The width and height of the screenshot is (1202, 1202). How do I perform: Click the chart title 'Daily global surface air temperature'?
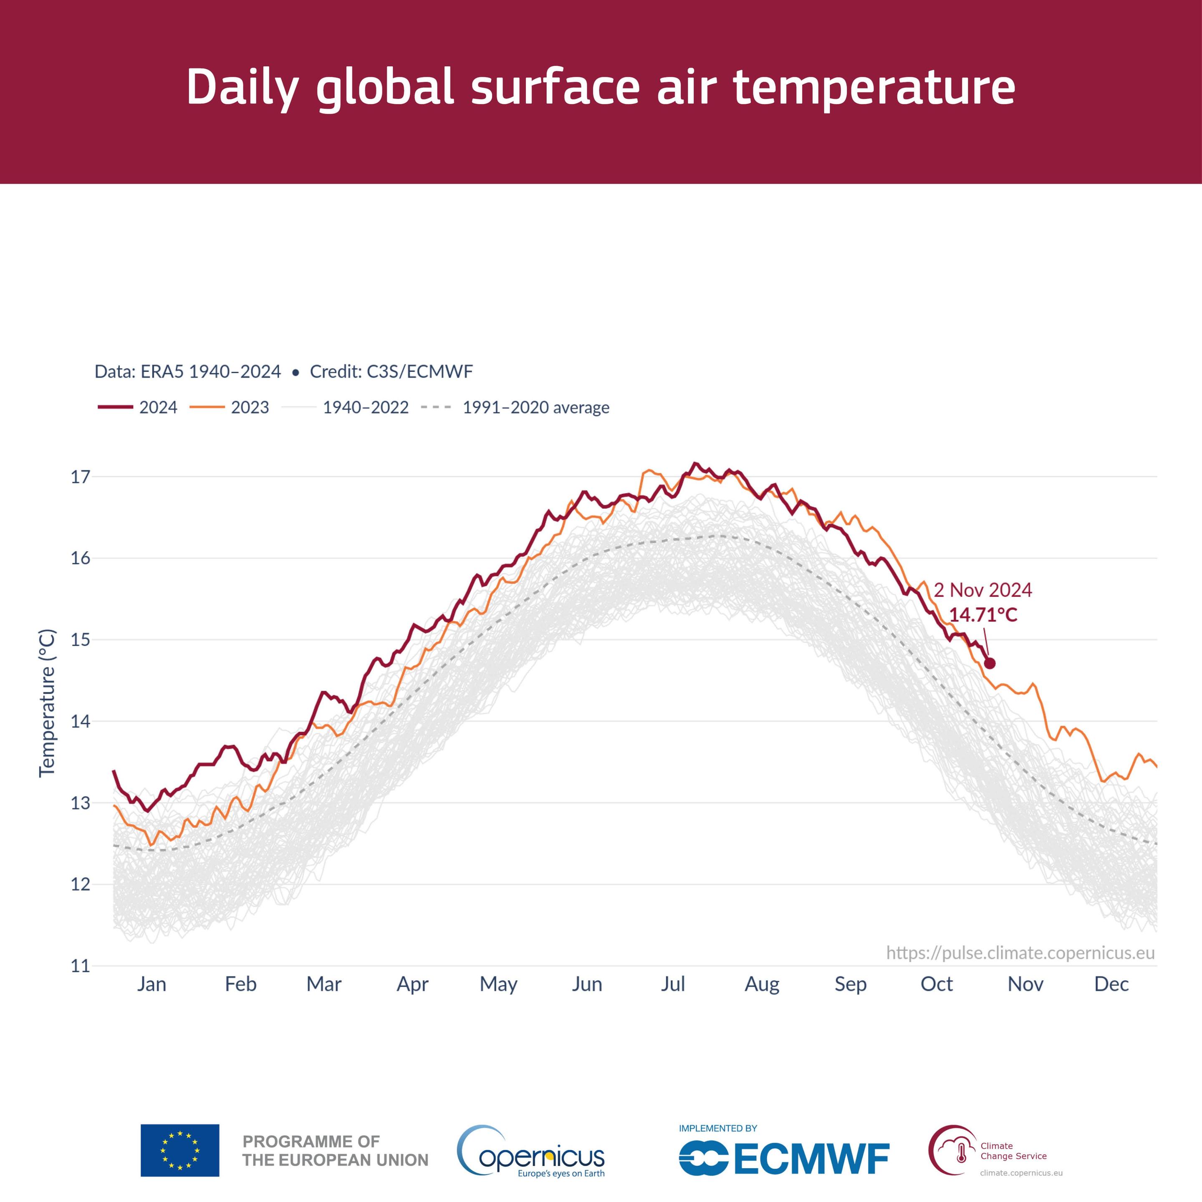click(601, 87)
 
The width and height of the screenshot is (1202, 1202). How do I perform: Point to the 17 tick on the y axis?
click(80, 477)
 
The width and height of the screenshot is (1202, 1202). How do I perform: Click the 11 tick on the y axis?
click(80, 966)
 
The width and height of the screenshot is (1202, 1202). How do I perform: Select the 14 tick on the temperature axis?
click(80, 722)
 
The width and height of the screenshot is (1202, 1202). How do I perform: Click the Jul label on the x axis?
click(672, 984)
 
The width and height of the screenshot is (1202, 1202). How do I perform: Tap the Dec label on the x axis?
click(1111, 984)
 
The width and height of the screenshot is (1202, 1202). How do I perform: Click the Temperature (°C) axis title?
click(47, 703)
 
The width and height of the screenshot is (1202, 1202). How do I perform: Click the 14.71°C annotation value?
click(983, 615)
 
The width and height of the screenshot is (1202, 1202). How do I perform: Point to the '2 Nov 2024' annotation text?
click(982, 590)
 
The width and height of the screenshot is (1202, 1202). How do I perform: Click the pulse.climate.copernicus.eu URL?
click(1020, 953)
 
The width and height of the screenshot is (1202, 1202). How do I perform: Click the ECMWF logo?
click(784, 1159)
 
